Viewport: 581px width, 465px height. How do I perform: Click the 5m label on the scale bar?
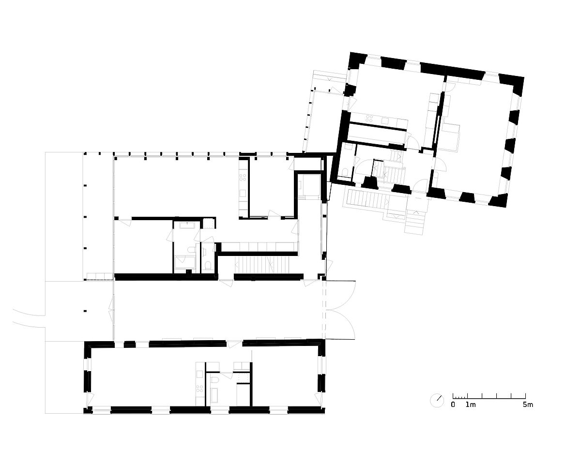(x=528, y=412)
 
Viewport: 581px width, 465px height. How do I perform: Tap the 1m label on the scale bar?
(x=471, y=412)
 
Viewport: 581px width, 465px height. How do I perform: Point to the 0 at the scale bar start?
(x=453, y=412)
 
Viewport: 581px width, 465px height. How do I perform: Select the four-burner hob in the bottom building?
(x=199, y=389)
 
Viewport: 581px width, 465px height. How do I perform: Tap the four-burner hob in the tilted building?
(x=369, y=118)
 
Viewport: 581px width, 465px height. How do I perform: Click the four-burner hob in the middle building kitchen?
(x=243, y=177)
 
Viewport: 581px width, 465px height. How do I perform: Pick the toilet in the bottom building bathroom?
(x=214, y=380)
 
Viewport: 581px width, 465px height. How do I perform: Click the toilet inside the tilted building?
(x=345, y=172)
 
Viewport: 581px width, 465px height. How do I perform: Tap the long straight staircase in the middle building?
(x=261, y=265)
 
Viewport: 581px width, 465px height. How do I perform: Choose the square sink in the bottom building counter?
(x=199, y=374)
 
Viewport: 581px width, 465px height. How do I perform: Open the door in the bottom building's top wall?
(x=234, y=345)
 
